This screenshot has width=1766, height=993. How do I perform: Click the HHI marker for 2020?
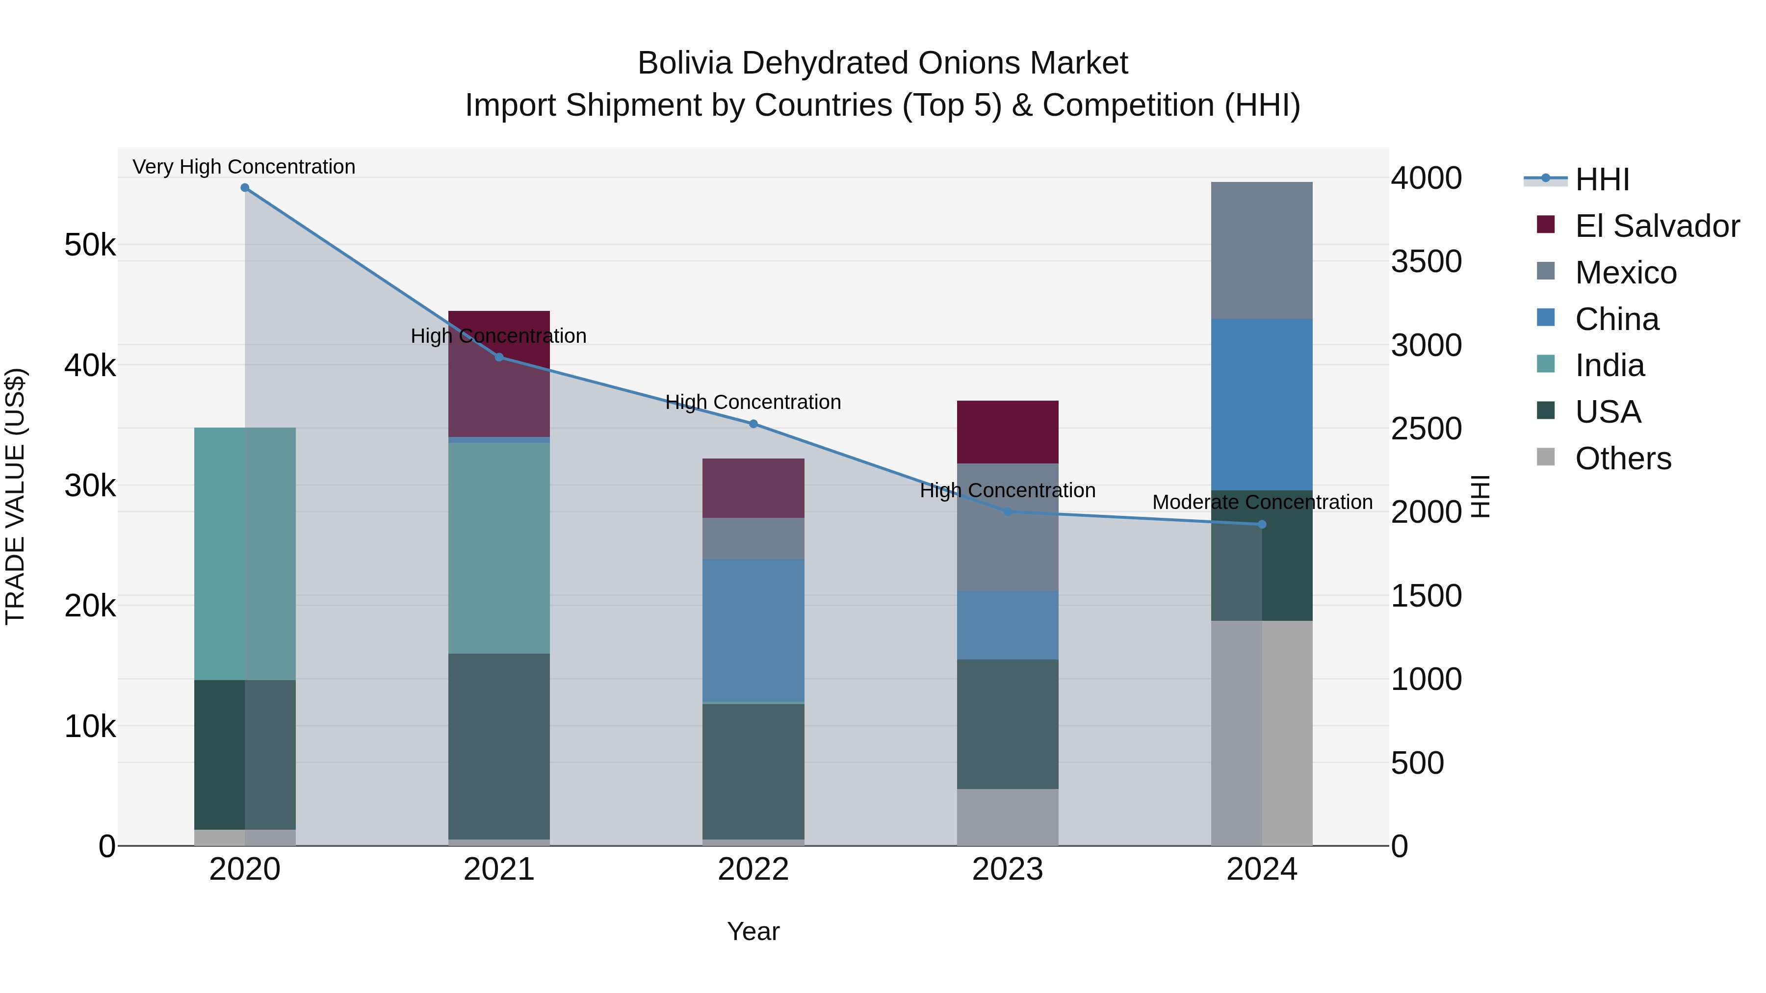click(x=245, y=188)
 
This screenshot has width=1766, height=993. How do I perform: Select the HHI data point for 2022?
click(x=753, y=424)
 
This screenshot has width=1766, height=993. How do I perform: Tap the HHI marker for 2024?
click(x=1262, y=524)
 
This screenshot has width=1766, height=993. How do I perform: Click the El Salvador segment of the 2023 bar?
click(x=1008, y=432)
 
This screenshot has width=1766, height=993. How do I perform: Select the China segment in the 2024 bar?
click(x=1262, y=405)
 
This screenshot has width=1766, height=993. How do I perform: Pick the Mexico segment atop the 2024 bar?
click(x=1262, y=250)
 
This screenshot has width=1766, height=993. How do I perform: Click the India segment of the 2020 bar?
click(x=245, y=554)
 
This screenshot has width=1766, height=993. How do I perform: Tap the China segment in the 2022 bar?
click(x=753, y=631)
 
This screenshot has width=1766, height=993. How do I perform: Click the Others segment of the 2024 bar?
click(x=1262, y=733)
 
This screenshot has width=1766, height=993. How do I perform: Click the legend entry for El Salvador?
click(x=1657, y=226)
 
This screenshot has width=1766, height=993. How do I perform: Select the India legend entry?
click(x=1609, y=365)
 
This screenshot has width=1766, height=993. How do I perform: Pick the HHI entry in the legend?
click(x=1602, y=179)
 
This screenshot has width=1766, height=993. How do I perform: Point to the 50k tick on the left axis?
click(x=90, y=245)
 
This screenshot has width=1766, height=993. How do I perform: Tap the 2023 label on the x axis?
click(x=1008, y=869)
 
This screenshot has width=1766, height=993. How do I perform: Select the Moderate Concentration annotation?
click(x=1262, y=502)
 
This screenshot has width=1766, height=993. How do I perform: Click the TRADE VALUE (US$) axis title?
click(x=15, y=496)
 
